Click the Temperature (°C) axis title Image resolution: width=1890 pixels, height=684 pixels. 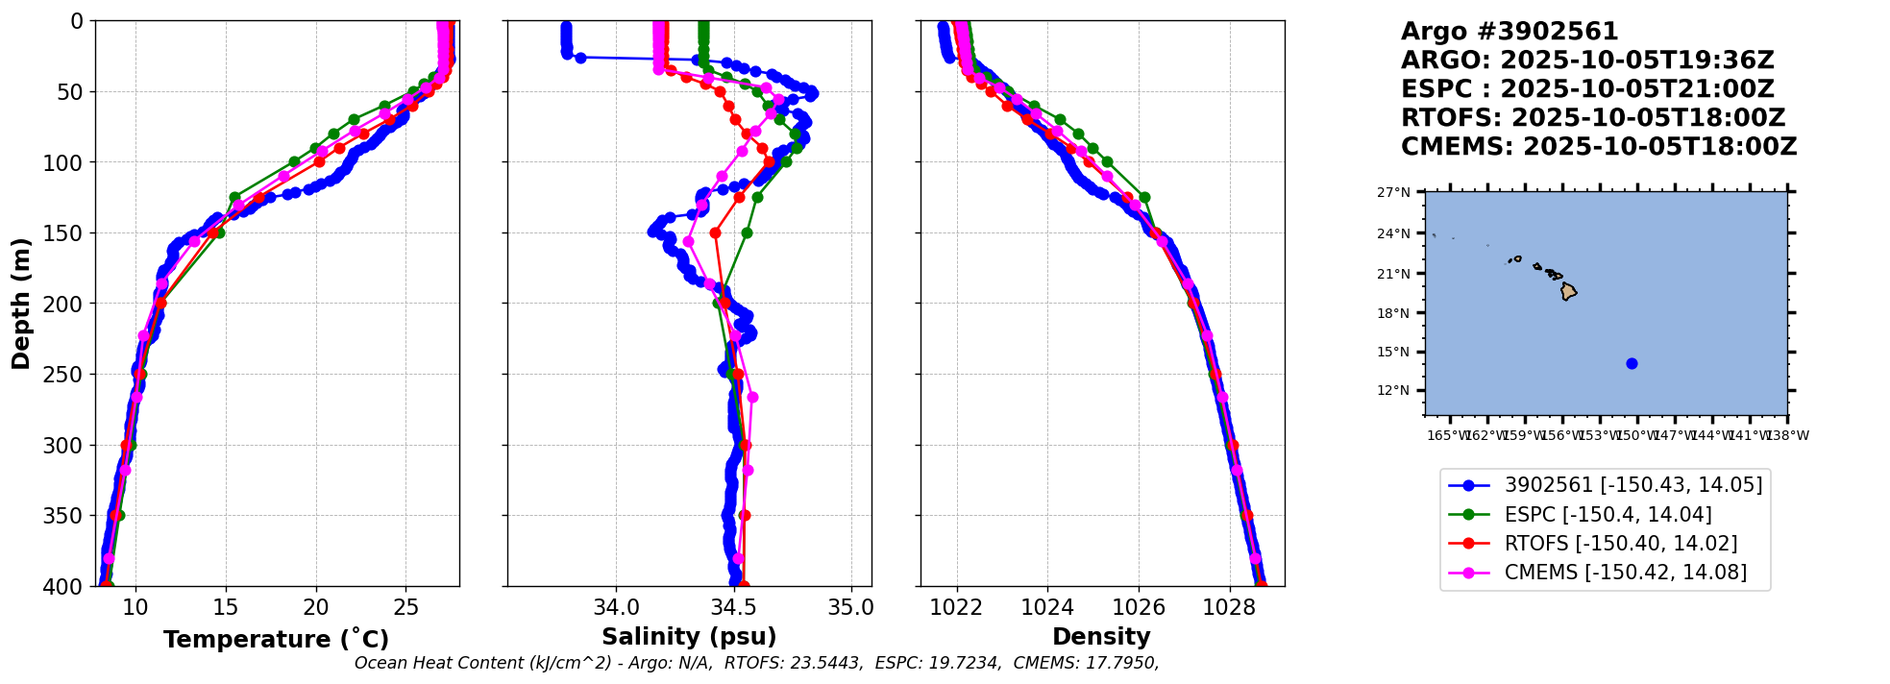pos(276,640)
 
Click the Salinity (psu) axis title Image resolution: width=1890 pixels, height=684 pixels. pos(689,637)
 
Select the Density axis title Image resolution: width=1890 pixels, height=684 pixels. pos(1101,637)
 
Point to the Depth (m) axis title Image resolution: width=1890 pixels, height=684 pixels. pos(21,304)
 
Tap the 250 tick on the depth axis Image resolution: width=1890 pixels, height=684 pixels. pos(70,375)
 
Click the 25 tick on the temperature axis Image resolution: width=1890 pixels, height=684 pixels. pos(405,607)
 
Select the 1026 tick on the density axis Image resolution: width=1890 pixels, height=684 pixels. pos(1139,607)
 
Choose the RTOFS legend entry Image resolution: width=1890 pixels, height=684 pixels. pos(1620,544)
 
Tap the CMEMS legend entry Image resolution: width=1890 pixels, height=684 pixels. pos(1625,573)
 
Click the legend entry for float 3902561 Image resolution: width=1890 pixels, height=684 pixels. pos(1632,485)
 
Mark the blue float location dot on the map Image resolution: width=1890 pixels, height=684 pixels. pos(1632,363)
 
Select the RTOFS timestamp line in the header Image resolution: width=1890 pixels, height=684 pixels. pos(1592,118)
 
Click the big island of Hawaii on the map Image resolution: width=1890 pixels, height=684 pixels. pos(1568,291)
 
